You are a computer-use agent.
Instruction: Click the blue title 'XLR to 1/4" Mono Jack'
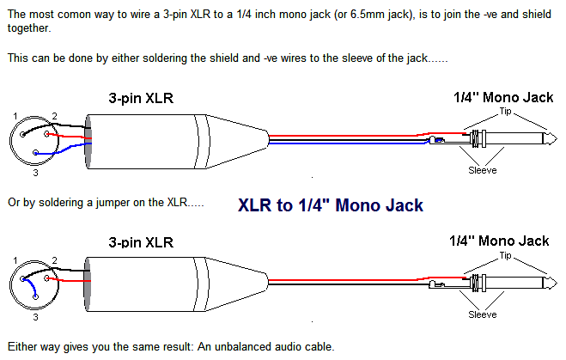tap(331, 205)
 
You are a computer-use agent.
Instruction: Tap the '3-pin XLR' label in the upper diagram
tap(141, 98)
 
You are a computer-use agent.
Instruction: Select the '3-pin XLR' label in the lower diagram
tap(141, 242)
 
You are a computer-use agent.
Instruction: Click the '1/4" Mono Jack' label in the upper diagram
tap(503, 97)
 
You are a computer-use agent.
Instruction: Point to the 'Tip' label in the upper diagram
tap(505, 111)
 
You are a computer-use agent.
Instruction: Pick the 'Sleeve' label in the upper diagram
tap(482, 170)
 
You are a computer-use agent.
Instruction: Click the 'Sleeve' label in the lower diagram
tap(482, 314)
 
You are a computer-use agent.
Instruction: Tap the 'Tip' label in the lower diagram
tap(505, 256)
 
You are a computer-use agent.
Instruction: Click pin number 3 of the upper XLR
tap(35, 173)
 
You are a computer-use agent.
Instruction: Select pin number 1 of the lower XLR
tap(15, 260)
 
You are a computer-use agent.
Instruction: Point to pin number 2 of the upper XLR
tap(54, 116)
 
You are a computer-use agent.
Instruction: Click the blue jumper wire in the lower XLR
tap(32, 284)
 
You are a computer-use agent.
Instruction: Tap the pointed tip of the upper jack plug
tap(557, 139)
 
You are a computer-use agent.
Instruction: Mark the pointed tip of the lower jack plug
tap(557, 283)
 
